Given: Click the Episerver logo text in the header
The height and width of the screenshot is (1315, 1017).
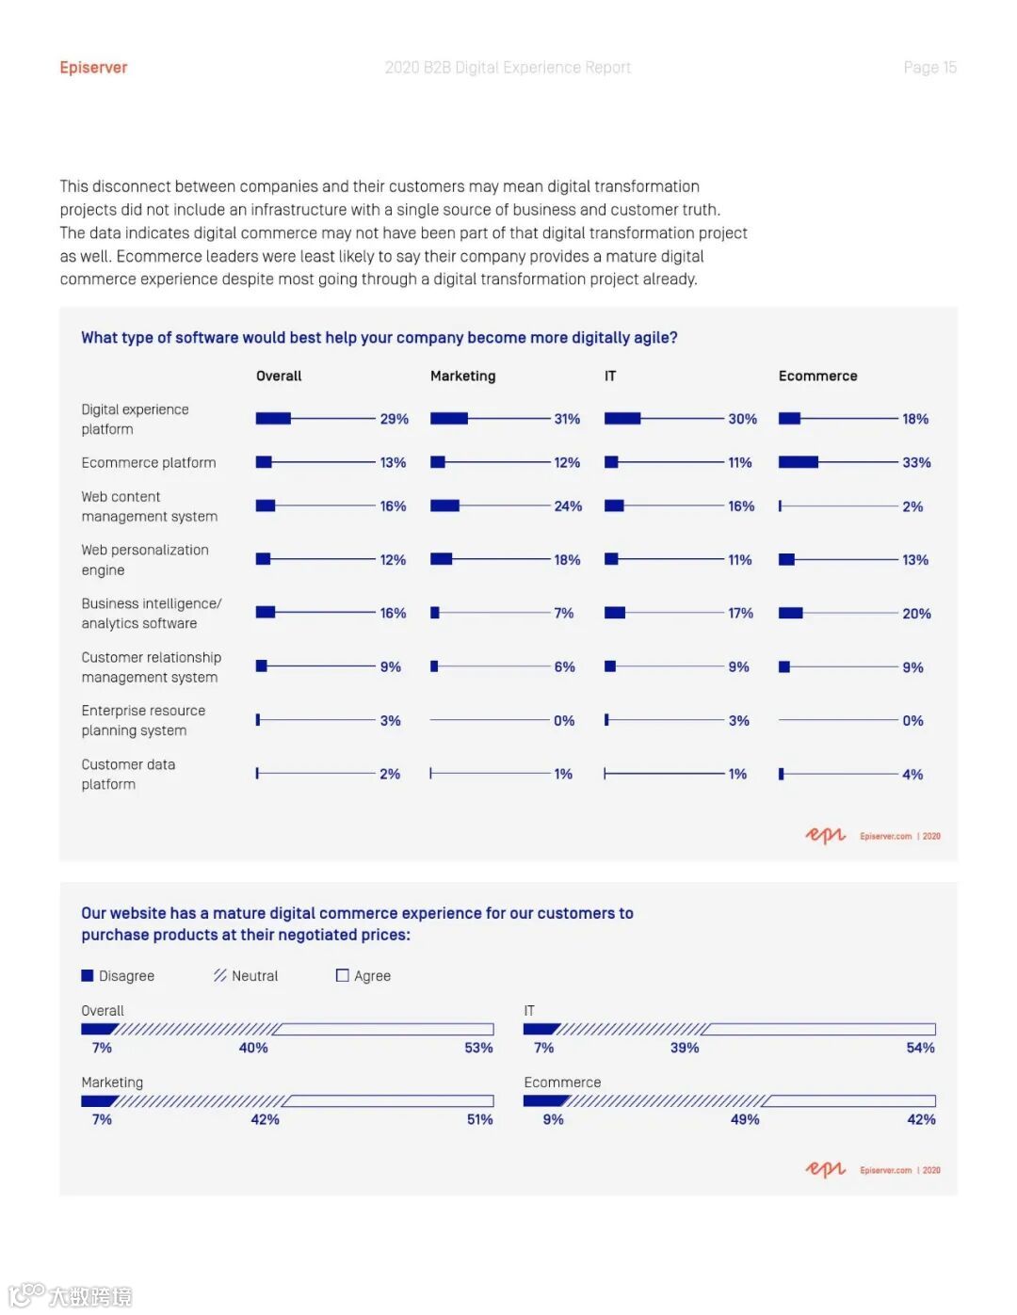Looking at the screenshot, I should point(93,68).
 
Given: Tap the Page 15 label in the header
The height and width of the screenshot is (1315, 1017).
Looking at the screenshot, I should point(929,68).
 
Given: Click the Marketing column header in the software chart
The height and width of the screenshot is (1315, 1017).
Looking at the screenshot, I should point(462,376).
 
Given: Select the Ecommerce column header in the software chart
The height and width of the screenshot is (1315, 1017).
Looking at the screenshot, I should point(817,376).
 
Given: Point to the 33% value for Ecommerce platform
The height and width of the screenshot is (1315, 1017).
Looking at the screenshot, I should point(916,462).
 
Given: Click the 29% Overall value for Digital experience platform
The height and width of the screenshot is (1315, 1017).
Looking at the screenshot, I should point(394,419).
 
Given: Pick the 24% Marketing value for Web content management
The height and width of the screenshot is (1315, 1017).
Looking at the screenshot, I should point(568,506).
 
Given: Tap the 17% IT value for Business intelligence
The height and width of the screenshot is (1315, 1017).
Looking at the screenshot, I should point(740,613).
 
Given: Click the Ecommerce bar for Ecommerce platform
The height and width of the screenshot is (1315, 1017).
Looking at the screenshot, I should point(799,462).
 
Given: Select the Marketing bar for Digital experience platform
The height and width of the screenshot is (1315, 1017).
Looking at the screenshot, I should point(449,419).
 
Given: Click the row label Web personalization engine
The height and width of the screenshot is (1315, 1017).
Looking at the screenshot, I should point(145,560).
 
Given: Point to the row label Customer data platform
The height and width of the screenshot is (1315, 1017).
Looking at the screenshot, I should point(128,774).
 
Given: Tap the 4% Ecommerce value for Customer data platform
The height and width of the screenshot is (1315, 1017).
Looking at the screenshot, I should point(912,775).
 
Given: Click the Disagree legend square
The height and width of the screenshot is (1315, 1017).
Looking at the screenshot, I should point(88,976).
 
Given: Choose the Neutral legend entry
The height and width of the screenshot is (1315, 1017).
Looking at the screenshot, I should point(246,976).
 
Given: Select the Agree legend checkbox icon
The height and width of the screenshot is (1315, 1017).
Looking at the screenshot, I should point(343,976).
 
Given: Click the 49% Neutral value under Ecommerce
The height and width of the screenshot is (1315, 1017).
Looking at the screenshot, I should point(745,1119).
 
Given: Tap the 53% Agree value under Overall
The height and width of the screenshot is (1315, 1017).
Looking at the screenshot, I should point(478,1048).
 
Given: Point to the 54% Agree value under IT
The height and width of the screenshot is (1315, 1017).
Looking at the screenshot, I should point(920,1048).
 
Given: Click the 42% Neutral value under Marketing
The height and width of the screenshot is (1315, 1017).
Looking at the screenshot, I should point(265,1119).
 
